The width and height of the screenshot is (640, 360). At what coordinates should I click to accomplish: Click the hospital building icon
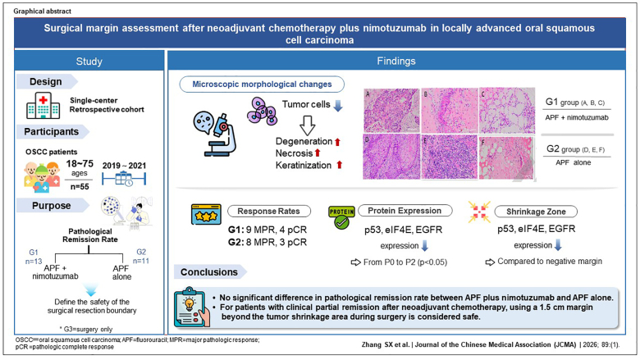point(43,105)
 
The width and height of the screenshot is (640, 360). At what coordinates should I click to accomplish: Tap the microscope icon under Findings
point(215,134)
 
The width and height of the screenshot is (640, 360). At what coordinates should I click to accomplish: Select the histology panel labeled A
point(391,111)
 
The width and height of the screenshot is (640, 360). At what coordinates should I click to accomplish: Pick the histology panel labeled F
point(507,157)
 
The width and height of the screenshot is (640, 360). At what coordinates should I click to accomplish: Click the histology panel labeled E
point(450,157)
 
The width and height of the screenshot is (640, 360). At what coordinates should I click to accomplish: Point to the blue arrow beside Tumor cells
point(338,106)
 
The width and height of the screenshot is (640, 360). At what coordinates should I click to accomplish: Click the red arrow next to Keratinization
point(339,165)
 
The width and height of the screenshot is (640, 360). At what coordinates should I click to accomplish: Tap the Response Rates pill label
point(268,212)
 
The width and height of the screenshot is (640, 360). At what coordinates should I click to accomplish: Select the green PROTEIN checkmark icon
point(341,217)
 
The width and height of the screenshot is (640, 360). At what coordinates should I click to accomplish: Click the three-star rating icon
point(206,215)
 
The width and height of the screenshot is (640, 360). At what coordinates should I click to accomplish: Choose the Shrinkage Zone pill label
point(536,212)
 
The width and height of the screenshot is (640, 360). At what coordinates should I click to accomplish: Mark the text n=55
point(80,187)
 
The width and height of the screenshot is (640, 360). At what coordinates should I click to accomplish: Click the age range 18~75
point(80,163)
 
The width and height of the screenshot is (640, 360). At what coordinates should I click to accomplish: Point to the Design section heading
point(46,81)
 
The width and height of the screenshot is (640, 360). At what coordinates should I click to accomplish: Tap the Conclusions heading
point(209,272)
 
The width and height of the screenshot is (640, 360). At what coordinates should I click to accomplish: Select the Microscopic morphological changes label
point(262,84)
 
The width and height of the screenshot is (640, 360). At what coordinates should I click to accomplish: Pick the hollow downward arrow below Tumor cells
point(308,125)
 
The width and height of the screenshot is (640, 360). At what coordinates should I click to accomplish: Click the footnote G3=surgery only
point(86,329)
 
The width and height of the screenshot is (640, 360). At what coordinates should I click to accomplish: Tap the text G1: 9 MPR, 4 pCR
point(267,230)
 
